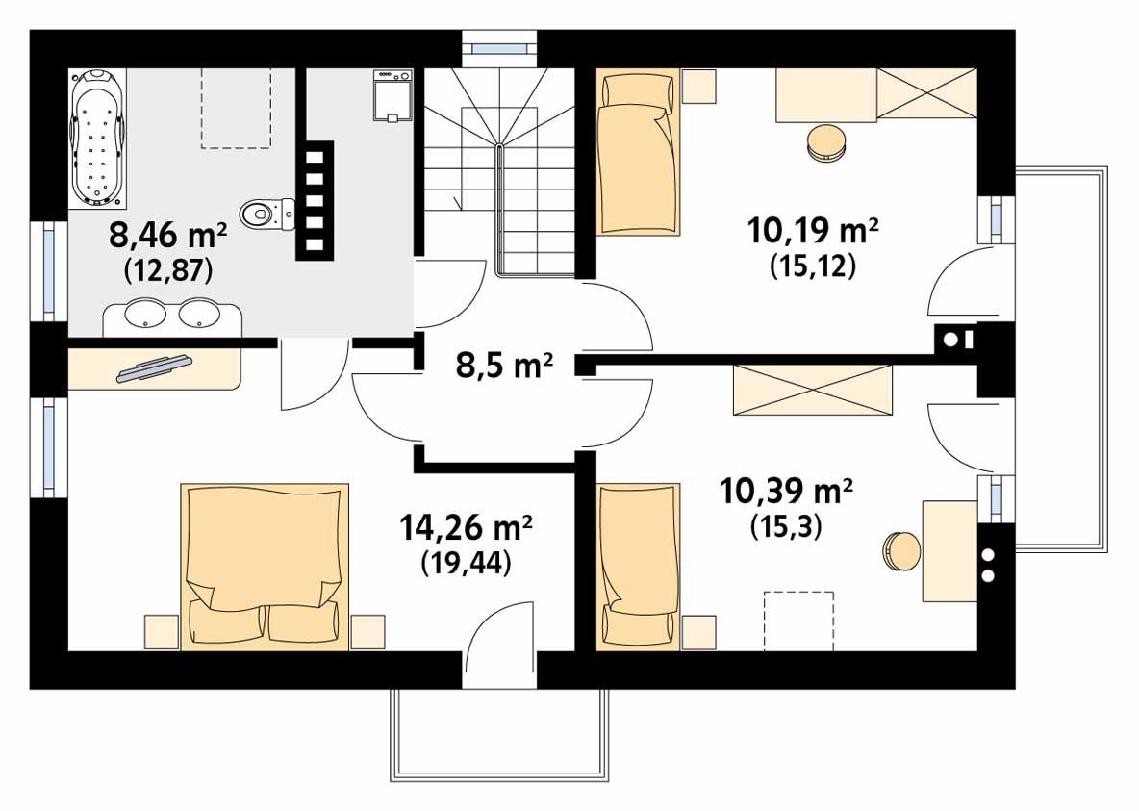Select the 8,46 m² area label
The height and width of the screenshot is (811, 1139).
(168, 235)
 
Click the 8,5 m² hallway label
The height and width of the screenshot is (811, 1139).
(503, 366)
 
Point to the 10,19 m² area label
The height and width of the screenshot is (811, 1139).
(813, 231)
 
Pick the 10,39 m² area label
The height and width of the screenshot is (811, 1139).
(786, 492)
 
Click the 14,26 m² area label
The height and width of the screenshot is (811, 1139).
(467, 528)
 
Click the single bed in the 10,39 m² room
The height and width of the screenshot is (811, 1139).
(638, 565)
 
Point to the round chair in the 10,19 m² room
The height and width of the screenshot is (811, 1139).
(825, 142)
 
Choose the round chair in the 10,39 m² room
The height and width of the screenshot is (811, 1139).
(901, 551)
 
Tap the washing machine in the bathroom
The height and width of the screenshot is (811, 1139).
(391, 95)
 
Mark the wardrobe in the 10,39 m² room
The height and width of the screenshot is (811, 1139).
(813, 392)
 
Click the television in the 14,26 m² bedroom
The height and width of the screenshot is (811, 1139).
(154, 367)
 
